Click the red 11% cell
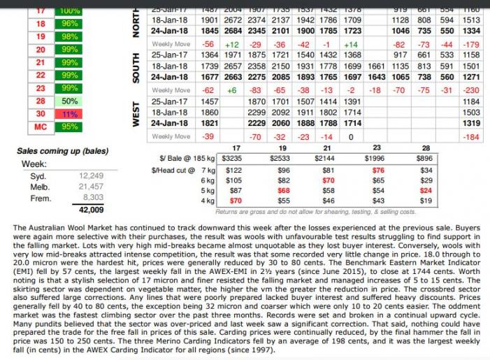point(69,114)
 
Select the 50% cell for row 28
point(69,101)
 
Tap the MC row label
point(39,127)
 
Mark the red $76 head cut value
point(377,170)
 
